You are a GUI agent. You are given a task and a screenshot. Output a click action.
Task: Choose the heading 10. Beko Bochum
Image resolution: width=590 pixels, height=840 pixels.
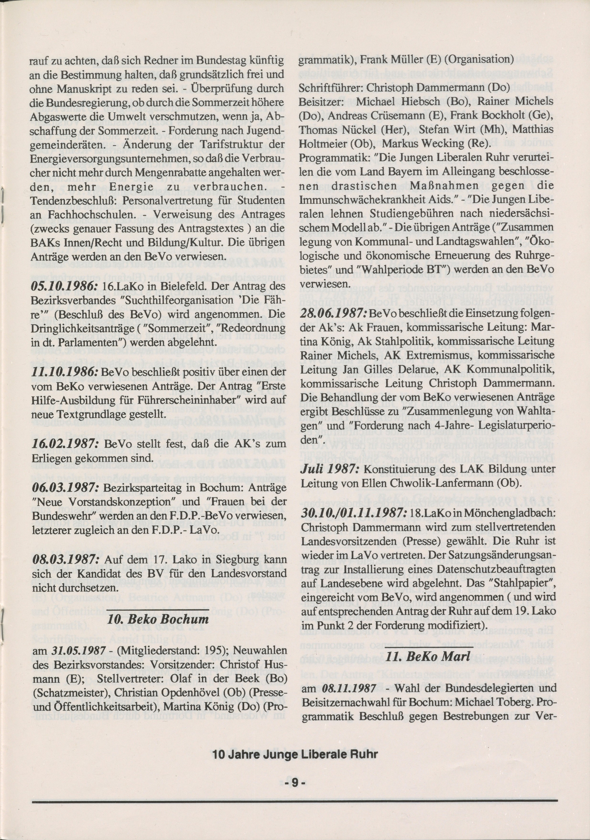[x=158, y=619]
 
